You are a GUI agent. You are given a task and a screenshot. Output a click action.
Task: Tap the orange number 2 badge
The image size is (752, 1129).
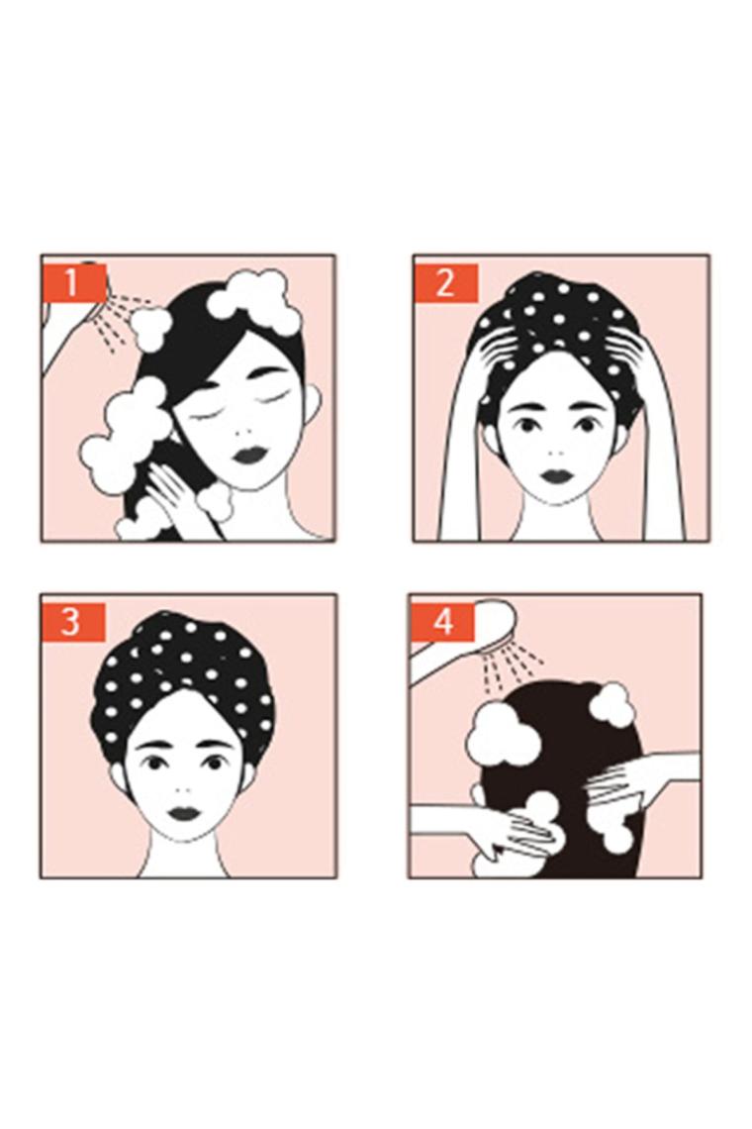click(445, 282)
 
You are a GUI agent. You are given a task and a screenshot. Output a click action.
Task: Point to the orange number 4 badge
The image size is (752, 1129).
click(442, 621)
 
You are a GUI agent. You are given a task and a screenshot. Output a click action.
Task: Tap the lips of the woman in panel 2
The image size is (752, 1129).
click(555, 476)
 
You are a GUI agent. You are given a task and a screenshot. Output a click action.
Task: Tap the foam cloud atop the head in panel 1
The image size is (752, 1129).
click(252, 296)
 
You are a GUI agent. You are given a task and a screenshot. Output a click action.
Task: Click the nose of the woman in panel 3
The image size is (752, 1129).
click(185, 787)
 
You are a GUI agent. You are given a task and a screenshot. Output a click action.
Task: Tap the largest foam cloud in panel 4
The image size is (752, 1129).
click(504, 735)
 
